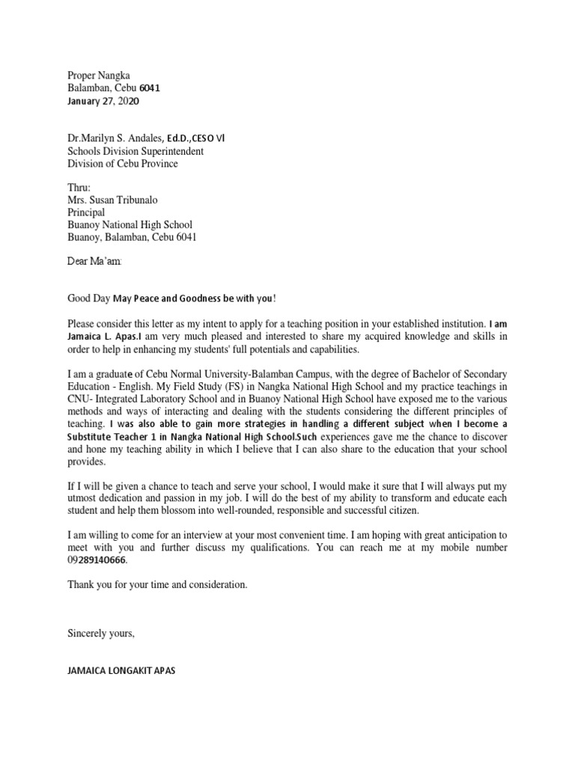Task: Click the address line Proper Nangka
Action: pyautogui.click(x=98, y=75)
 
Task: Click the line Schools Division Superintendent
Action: pyautogui.click(x=136, y=151)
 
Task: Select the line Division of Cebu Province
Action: pyautogui.click(x=123, y=164)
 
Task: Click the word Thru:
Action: pyautogui.click(x=79, y=188)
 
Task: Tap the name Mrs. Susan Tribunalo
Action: pyautogui.click(x=115, y=200)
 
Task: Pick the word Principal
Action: pyautogui.click(x=86, y=212)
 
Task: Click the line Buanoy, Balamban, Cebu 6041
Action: pyautogui.click(x=133, y=237)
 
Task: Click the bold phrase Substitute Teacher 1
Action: pyautogui.click(x=115, y=435)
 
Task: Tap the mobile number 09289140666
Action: pyautogui.click(x=97, y=560)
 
